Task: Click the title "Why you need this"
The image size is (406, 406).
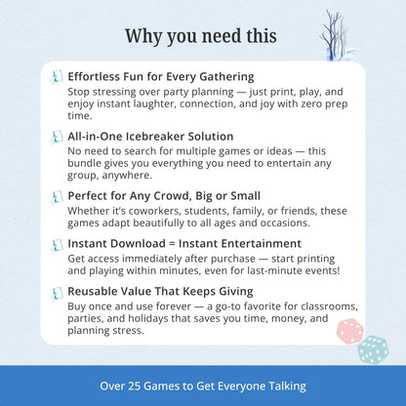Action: click(x=202, y=36)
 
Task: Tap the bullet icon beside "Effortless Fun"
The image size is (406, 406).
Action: click(x=57, y=76)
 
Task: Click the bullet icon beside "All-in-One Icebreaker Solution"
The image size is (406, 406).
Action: click(x=57, y=137)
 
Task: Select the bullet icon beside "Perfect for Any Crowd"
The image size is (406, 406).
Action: click(x=57, y=196)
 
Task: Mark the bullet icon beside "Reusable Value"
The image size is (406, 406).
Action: click(x=57, y=291)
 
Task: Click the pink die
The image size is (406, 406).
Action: click(x=349, y=332)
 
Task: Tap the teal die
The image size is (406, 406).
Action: click(x=372, y=349)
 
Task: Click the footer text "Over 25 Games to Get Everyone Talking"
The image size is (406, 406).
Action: click(x=203, y=386)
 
